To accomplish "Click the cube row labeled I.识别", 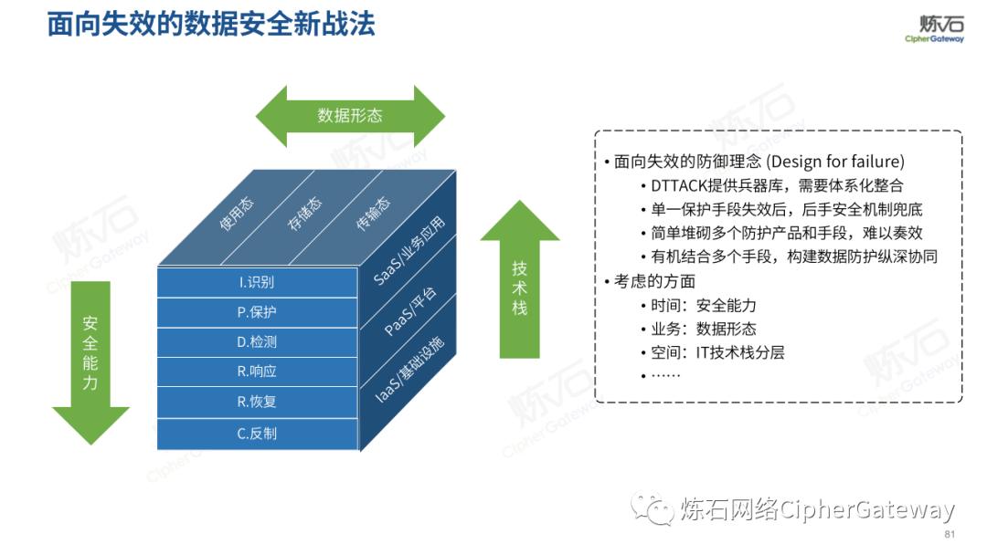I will (x=257, y=282).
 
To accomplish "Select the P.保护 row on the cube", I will (x=257, y=312).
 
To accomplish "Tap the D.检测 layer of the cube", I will (x=257, y=342).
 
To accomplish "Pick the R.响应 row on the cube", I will (x=257, y=372).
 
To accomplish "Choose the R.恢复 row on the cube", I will (x=257, y=402).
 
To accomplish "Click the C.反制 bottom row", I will (x=257, y=434).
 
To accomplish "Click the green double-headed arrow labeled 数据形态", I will (x=350, y=116).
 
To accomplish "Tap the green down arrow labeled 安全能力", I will (x=90, y=361).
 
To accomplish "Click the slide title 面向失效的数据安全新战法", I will (x=211, y=25).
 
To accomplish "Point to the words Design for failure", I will (x=835, y=162).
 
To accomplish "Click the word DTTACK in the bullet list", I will (x=676, y=185).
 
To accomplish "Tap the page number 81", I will (x=949, y=534).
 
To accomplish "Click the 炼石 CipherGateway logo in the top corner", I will (x=934, y=28).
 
